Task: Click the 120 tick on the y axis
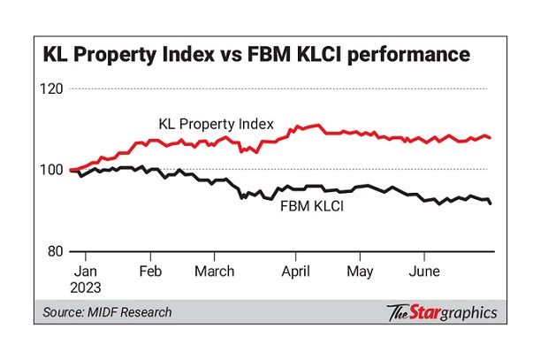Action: pyautogui.click(x=55, y=89)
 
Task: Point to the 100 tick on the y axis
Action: pyautogui.click(x=55, y=171)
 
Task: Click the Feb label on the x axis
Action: pyautogui.click(x=151, y=272)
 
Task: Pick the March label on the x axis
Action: pyautogui.click(x=217, y=272)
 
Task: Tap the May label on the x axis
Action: pyautogui.click(x=358, y=272)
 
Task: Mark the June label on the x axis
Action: pyautogui.click(x=424, y=272)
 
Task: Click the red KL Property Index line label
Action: pyautogui.click(x=216, y=123)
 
